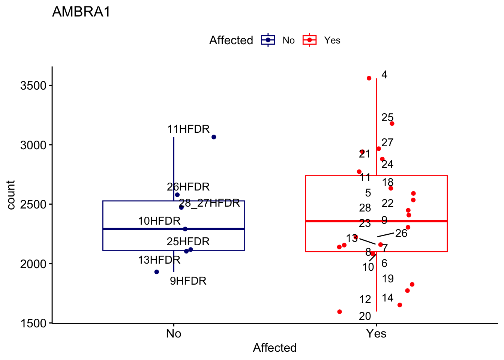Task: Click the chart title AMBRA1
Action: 81,12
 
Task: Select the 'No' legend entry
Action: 288,40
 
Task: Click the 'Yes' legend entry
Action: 332,40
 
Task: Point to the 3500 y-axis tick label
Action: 33,85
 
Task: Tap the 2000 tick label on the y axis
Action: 33,264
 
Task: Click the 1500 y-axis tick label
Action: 33,323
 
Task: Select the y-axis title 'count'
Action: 11,195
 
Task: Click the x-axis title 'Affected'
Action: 274,348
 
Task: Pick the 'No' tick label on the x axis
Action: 174,333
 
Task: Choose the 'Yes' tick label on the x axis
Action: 376,333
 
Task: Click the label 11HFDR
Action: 188,129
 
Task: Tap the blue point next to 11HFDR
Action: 214,137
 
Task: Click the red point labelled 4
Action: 369,78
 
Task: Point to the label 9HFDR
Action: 188,281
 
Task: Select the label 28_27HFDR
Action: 209,203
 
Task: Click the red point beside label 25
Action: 392,124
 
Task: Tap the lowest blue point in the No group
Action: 157,272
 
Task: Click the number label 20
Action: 365,316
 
